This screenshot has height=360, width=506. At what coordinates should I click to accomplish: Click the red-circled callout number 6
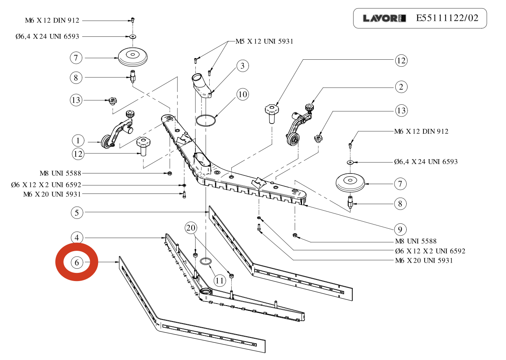77,262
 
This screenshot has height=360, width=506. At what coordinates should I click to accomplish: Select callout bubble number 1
78,141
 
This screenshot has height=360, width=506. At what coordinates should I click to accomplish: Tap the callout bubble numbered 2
401,87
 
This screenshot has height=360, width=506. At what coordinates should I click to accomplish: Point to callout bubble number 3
242,65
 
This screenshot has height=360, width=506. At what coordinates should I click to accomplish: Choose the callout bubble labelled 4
77,238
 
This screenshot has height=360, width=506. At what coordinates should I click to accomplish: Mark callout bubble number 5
77,212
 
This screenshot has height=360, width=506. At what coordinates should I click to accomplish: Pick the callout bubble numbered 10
242,94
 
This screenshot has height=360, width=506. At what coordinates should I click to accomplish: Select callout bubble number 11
220,280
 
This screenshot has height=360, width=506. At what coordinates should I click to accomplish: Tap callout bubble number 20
190,228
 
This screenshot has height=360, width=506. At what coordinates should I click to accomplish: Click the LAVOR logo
384,18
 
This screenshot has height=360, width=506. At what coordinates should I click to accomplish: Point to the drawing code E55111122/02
447,18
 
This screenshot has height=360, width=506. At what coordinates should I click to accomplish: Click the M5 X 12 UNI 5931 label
264,41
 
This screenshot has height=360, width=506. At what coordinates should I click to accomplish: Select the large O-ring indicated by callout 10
206,121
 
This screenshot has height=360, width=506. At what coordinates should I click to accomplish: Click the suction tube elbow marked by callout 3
201,85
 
